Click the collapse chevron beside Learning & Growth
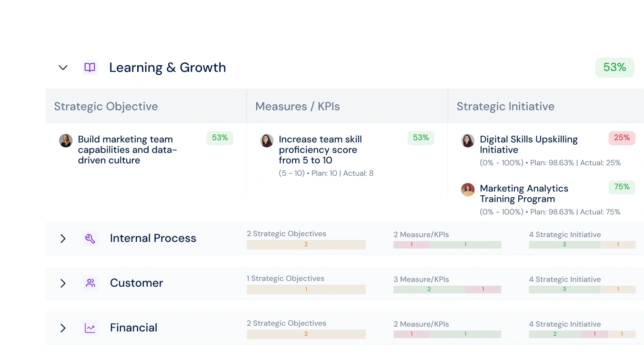point(63,68)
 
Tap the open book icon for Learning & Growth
point(90,68)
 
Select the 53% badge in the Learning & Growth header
point(614,68)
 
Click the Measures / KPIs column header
point(298,106)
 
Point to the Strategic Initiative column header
point(505,106)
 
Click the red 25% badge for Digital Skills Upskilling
point(622,138)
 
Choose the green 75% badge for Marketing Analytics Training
point(622,187)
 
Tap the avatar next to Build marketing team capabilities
point(66,140)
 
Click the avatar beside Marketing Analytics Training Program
point(468,190)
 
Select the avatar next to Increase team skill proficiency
point(267,140)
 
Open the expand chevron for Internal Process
point(63,239)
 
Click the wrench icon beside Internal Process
point(90,239)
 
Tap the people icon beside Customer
point(91,283)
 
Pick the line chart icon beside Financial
point(90,328)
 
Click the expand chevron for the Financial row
point(63,328)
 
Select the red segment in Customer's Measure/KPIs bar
point(483,290)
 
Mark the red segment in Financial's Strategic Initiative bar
point(594,334)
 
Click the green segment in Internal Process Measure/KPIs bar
point(465,244)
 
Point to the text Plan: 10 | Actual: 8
point(342,173)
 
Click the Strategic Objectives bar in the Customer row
point(306,290)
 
